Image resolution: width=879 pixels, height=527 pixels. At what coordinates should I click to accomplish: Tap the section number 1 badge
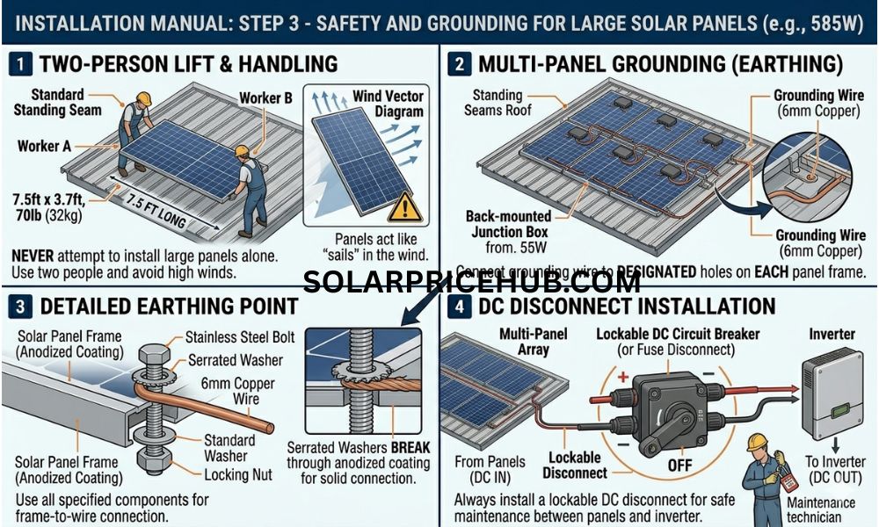pos(19,63)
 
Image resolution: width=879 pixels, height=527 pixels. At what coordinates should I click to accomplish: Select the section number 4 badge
pos(458,307)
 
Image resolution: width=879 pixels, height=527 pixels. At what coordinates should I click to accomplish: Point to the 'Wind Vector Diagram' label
pos(388,104)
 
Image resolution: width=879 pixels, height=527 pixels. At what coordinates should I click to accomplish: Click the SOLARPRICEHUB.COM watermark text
pos(472,283)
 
